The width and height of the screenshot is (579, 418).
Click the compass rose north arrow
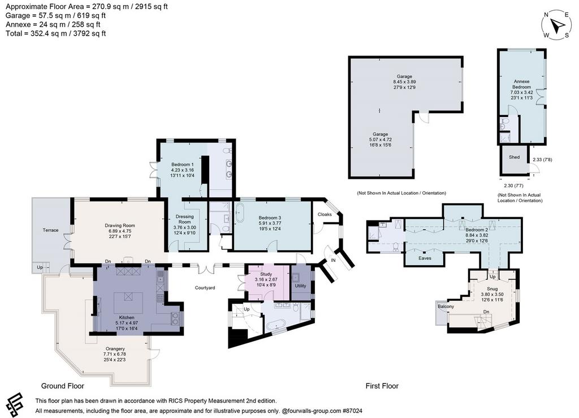(556, 25)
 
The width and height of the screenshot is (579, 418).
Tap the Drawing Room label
(120, 225)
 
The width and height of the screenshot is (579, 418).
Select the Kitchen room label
(127, 317)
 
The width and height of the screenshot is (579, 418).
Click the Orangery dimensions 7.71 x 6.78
(115, 354)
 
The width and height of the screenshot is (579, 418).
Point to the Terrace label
(50, 230)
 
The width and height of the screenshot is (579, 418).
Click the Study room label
(266, 274)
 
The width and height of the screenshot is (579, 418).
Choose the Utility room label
(301, 286)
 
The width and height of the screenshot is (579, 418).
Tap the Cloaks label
(325, 214)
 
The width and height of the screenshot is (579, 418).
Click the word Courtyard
(205, 288)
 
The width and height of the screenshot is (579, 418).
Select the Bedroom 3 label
(270, 218)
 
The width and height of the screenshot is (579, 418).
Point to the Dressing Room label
(185, 219)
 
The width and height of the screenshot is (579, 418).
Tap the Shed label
(514, 157)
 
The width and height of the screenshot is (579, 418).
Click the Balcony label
(446, 307)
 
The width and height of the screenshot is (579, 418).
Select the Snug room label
(492, 289)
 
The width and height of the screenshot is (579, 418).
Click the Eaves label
(425, 258)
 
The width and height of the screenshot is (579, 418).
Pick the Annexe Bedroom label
(521, 84)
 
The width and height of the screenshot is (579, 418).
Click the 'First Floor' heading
(382, 386)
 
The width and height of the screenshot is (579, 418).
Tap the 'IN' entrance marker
(334, 260)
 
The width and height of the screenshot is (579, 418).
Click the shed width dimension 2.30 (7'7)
(513, 186)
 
